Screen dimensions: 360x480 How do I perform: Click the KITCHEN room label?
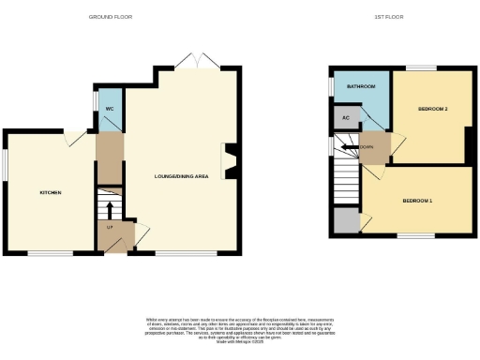(50, 193)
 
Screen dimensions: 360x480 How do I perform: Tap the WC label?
(110, 110)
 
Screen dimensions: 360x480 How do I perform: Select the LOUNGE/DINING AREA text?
(180, 175)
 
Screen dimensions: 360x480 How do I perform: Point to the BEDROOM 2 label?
(432, 110)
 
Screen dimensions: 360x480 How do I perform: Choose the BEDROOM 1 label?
(418, 201)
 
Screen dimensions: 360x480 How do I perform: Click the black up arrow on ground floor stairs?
(110, 207)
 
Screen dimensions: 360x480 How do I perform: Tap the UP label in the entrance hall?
(109, 228)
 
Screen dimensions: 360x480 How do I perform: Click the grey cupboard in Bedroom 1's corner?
(346, 221)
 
